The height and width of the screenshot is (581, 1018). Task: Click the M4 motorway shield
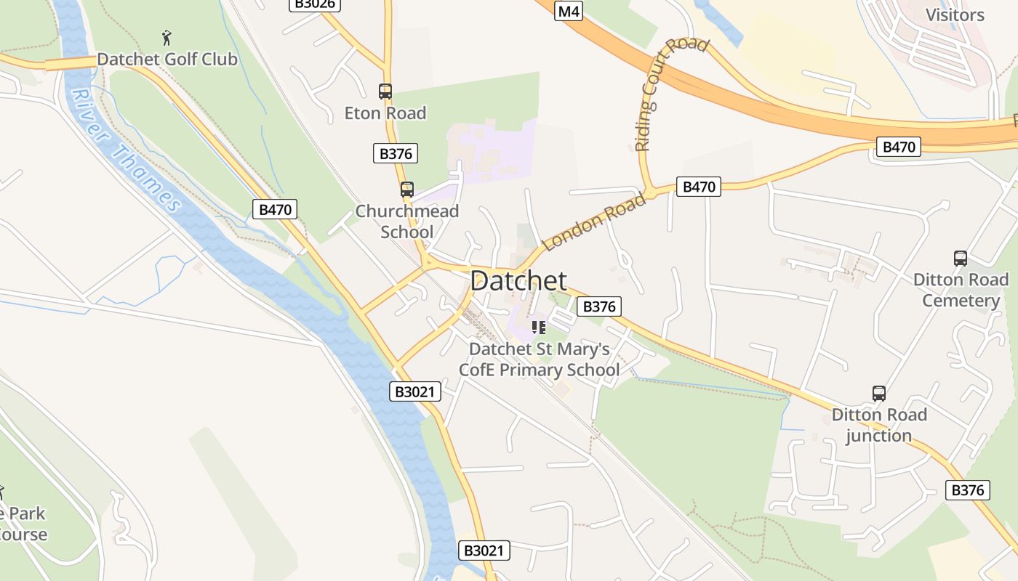tap(569, 11)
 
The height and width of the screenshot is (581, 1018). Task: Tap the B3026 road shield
tap(315, 4)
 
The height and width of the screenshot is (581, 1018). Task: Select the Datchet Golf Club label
tap(167, 59)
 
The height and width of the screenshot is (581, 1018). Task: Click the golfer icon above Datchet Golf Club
tap(167, 37)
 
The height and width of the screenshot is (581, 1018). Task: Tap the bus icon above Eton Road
tap(385, 92)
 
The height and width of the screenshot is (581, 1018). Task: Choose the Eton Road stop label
tap(385, 113)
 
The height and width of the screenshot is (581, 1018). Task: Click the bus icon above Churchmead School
tap(407, 190)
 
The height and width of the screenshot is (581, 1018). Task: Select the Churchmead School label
tap(407, 222)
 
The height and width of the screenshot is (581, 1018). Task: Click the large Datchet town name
tap(518, 281)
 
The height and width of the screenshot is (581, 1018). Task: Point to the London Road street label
tap(594, 222)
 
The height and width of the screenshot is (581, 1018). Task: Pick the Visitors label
tap(955, 15)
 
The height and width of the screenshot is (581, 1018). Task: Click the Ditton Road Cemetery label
tap(961, 290)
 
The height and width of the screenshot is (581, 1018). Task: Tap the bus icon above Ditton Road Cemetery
tap(961, 258)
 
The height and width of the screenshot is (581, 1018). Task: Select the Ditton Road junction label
tap(879, 425)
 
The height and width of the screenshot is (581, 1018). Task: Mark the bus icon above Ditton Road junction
tap(879, 394)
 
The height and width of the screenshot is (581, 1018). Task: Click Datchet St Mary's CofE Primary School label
tap(539, 359)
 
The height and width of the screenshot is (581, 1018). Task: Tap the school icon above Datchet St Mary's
tap(539, 328)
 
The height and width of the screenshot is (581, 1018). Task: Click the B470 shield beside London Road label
tap(699, 187)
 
